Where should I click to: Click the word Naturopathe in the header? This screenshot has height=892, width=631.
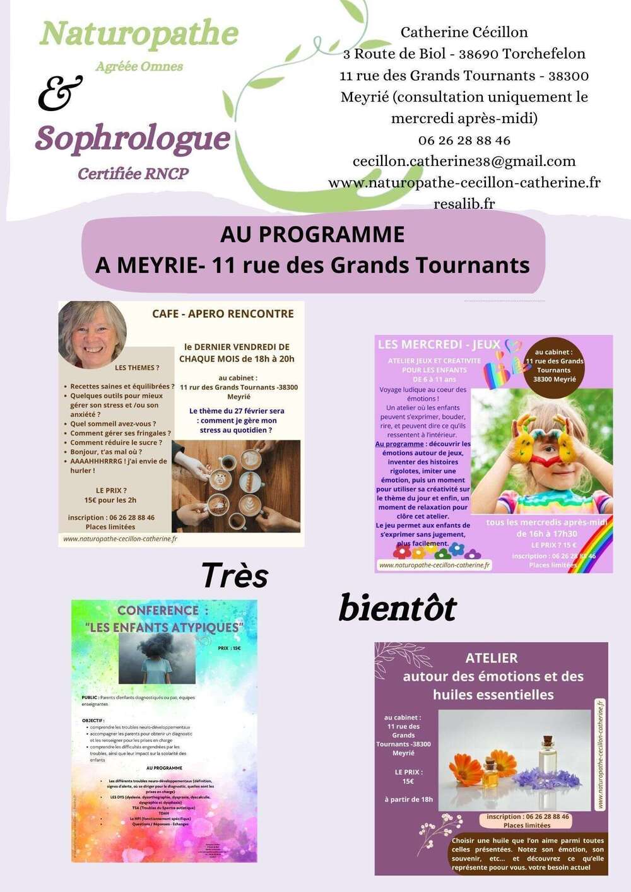tap(139, 34)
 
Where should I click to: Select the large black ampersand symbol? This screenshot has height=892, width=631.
tap(60, 93)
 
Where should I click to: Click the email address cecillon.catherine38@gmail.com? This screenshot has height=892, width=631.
tap(464, 161)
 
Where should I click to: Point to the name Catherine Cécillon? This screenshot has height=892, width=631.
tap(464, 32)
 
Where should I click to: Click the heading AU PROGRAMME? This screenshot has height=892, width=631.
tap(312, 235)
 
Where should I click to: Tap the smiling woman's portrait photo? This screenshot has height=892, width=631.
tap(92, 334)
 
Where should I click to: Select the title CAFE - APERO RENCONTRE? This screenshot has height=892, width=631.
tap(223, 314)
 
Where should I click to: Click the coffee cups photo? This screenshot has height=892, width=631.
tap(236, 486)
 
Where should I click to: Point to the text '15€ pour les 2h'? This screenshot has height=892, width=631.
tap(110, 500)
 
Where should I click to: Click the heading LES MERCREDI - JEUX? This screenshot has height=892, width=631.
tap(439, 344)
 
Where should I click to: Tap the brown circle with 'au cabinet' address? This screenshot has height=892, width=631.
tap(554, 366)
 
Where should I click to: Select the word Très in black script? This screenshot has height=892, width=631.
tap(235, 575)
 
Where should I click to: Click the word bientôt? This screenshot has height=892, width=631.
tap(398, 608)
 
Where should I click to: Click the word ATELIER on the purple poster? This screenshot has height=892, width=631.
tap(491, 658)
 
